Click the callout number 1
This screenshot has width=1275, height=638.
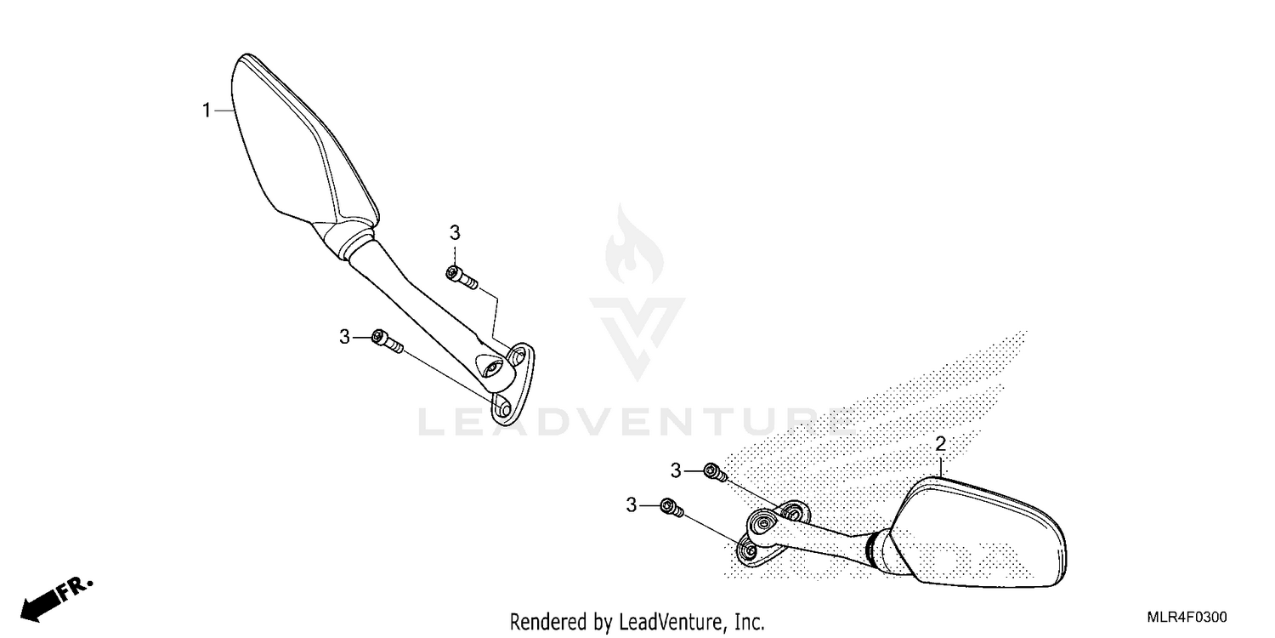[x=207, y=110]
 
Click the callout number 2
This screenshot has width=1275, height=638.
[x=940, y=444]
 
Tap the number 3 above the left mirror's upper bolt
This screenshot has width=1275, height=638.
[x=455, y=232]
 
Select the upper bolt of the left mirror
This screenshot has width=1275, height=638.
[x=462, y=277]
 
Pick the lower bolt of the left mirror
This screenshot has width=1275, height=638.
[x=387, y=340]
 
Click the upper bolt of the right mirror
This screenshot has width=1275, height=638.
[x=716, y=472]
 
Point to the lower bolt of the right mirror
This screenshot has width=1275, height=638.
[x=671, y=508]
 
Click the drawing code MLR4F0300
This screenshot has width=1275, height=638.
[x=1187, y=617]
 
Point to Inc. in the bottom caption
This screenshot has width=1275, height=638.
[x=751, y=621]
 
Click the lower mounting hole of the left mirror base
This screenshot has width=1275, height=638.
[x=502, y=408]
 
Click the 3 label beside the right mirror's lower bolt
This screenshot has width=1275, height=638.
[x=632, y=504]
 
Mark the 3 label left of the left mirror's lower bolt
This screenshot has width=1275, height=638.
[x=344, y=337]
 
